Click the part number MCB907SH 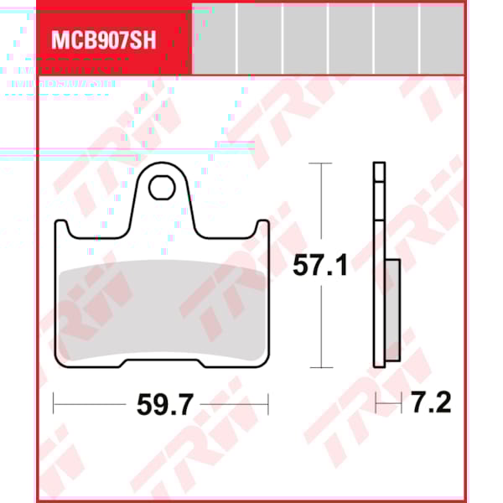coord(103,40)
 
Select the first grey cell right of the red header coord(214,38)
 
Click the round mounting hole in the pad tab coord(160,188)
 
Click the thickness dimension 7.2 coord(432,404)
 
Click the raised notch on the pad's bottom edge coord(161,361)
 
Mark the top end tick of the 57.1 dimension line coord(316,163)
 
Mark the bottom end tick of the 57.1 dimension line coord(316,367)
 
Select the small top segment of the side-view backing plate coord(379,173)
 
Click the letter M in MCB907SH coord(60,40)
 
